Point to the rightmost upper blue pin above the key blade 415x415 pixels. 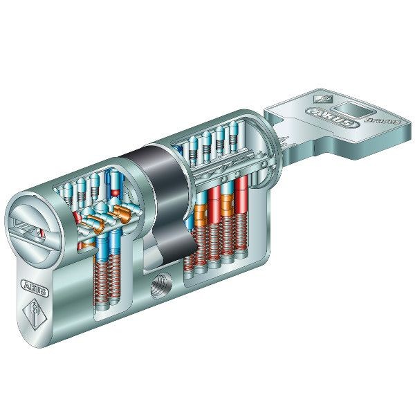[236, 139]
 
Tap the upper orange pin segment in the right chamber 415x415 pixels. [226, 202]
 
